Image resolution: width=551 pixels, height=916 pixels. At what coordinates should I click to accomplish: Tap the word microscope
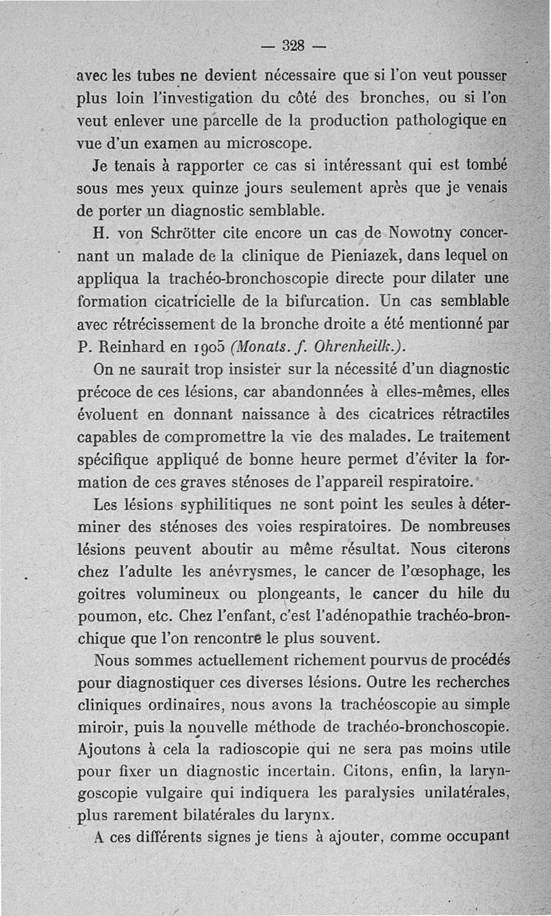[x=253, y=144]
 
